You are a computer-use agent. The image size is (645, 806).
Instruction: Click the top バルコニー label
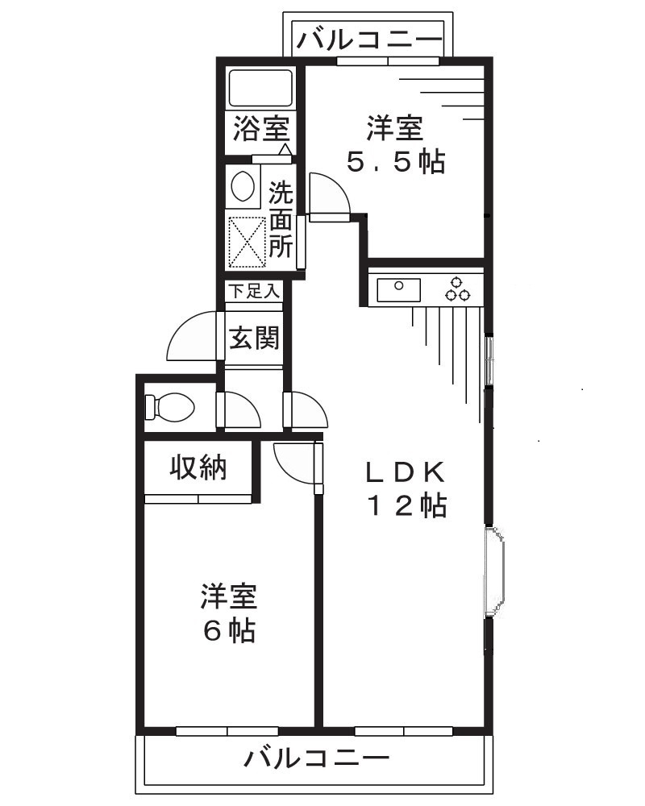coord(370,39)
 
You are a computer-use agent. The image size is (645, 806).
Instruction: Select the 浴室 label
coord(260,129)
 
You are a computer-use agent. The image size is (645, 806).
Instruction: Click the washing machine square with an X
coord(247,241)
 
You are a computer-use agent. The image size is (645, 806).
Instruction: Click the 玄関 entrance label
coord(254,339)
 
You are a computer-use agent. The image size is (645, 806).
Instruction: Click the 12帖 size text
coord(407,506)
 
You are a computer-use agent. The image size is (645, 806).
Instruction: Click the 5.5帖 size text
coord(395,162)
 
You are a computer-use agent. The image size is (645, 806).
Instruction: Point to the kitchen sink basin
coord(398,288)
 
